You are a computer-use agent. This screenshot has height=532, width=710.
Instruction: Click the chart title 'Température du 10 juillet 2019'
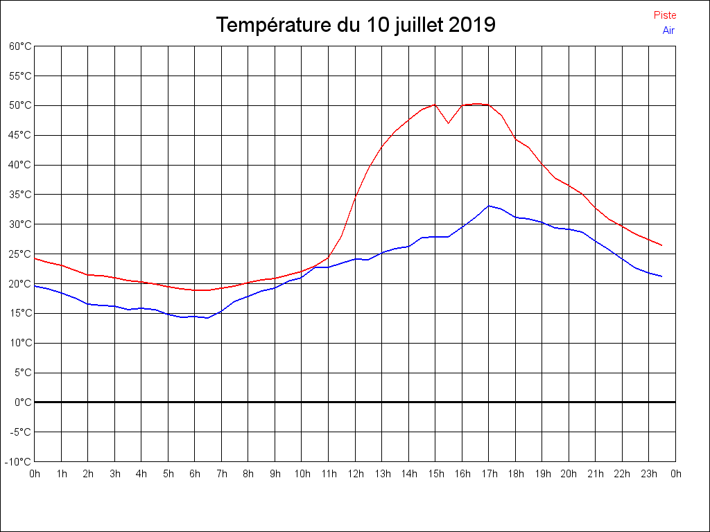pyautogui.click(x=355, y=25)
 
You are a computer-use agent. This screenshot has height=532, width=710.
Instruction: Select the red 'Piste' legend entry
pyautogui.click(x=665, y=15)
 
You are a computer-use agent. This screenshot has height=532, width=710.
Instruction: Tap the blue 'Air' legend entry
pyautogui.click(x=668, y=30)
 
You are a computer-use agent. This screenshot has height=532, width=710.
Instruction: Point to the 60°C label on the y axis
pyautogui.click(x=20, y=46)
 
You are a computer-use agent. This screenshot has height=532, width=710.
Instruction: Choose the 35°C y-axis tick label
pyautogui.click(x=20, y=195)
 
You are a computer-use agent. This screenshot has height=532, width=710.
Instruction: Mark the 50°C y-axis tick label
pyautogui.click(x=20, y=105)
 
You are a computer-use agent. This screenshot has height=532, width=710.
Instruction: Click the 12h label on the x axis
pyautogui.click(x=355, y=475)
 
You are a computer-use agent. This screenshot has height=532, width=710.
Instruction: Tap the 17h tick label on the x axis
pyautogui.click(x=489, y=475)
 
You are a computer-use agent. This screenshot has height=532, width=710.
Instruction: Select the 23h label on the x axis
pyautogui.click(x=649, y=475)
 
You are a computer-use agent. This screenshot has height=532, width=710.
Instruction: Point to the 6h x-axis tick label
pyautogui.click(x=195, y=475)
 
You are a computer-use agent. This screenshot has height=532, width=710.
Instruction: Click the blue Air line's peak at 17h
pyautogui.click(x=489, y=206)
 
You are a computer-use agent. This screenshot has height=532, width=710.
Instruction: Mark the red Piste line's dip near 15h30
pyautogui.click(x=449, y=123)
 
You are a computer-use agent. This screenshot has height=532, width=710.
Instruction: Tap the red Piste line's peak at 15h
pyautogui.click(x=435, y=105)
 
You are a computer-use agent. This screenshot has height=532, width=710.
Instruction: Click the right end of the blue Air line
pyautogui.click(x=662, y=276)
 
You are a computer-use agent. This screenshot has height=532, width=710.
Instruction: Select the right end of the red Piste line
pyautogui.click(x=662, y=245)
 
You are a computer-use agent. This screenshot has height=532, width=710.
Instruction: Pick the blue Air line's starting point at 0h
pyautogui.click(x=35, y=285)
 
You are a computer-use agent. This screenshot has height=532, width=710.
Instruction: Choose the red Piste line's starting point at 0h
pyautogui.click(x=35, y=258)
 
